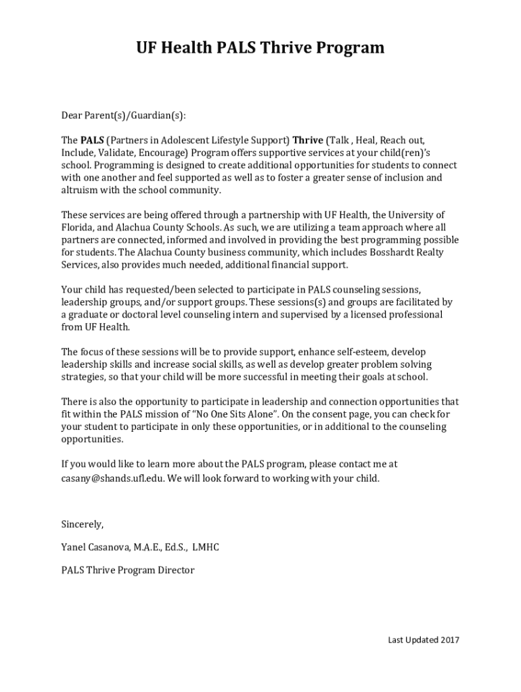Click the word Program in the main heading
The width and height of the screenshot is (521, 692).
(x=346, y=48)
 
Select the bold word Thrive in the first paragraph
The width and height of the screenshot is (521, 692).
(x=308, y=141)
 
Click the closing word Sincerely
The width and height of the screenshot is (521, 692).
(x=83, y=524)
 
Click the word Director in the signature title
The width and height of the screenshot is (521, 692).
(x=175, y=570)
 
